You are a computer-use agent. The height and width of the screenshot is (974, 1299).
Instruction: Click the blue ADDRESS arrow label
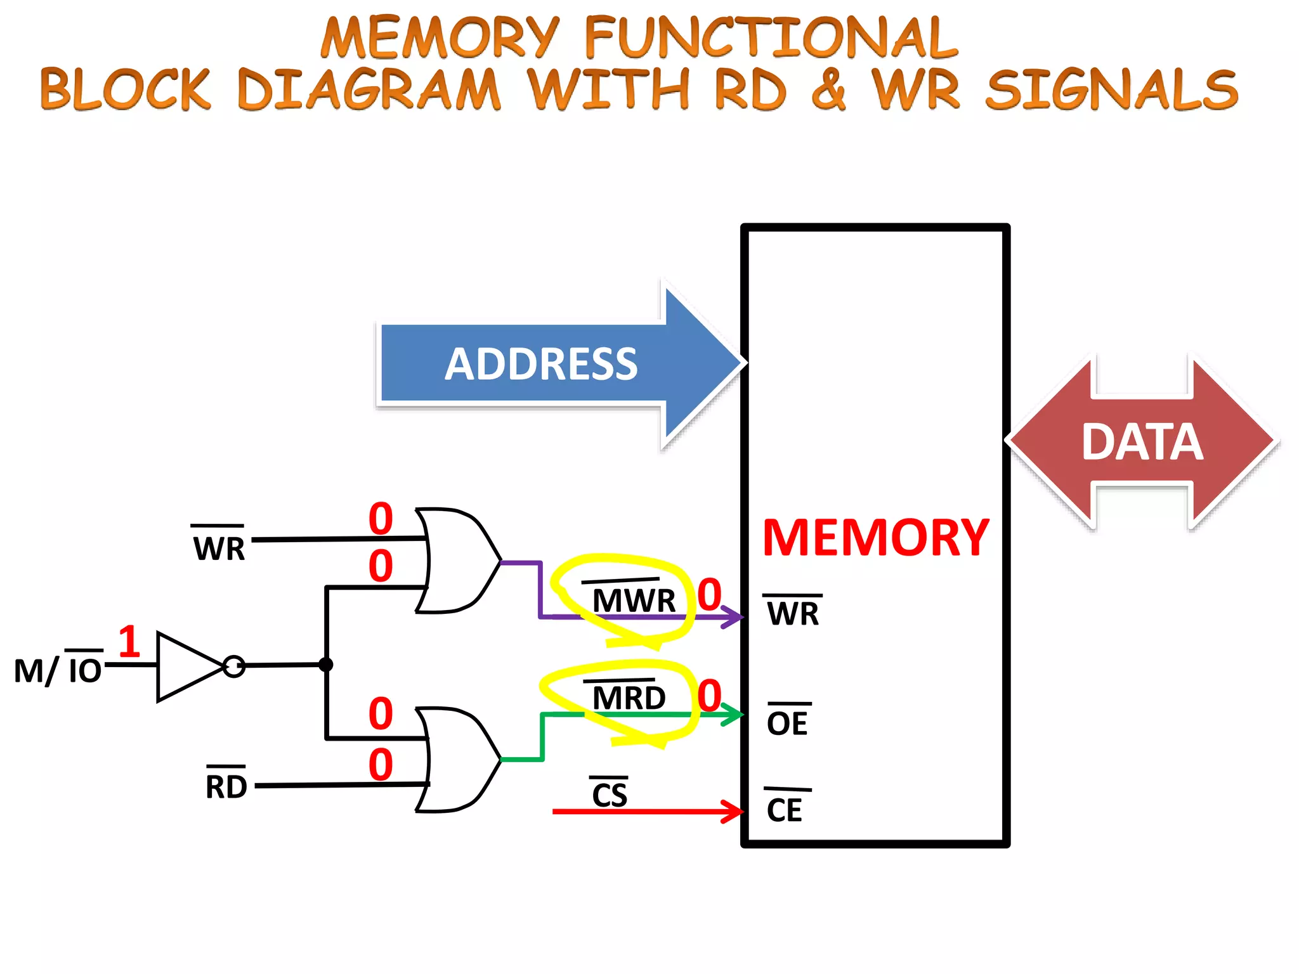540,364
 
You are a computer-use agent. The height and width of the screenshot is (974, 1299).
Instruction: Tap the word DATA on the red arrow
1142,442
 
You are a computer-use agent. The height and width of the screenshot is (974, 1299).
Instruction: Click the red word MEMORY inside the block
875,538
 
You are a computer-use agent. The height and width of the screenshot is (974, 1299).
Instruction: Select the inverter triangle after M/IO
187,666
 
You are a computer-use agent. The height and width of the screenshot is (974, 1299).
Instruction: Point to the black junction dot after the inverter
326,665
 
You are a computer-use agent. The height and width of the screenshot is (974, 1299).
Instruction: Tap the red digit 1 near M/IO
129,641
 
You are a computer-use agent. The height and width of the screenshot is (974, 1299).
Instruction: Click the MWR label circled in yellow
633,600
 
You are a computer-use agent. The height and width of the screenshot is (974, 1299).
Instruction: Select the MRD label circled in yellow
628,698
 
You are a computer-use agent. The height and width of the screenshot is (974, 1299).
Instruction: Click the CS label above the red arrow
609,795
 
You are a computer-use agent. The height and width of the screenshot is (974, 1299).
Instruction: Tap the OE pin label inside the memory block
787,723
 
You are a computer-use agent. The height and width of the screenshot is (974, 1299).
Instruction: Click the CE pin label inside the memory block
785,810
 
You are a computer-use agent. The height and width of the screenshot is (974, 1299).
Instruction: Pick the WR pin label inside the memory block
793,613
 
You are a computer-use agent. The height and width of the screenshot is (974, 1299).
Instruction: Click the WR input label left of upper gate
219,548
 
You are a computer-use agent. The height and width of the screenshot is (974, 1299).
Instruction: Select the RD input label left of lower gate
226,786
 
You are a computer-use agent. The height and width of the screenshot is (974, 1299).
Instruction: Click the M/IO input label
58,670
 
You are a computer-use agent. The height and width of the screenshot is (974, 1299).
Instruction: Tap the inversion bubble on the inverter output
234,666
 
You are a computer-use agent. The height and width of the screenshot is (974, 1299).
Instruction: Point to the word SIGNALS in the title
1111,89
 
